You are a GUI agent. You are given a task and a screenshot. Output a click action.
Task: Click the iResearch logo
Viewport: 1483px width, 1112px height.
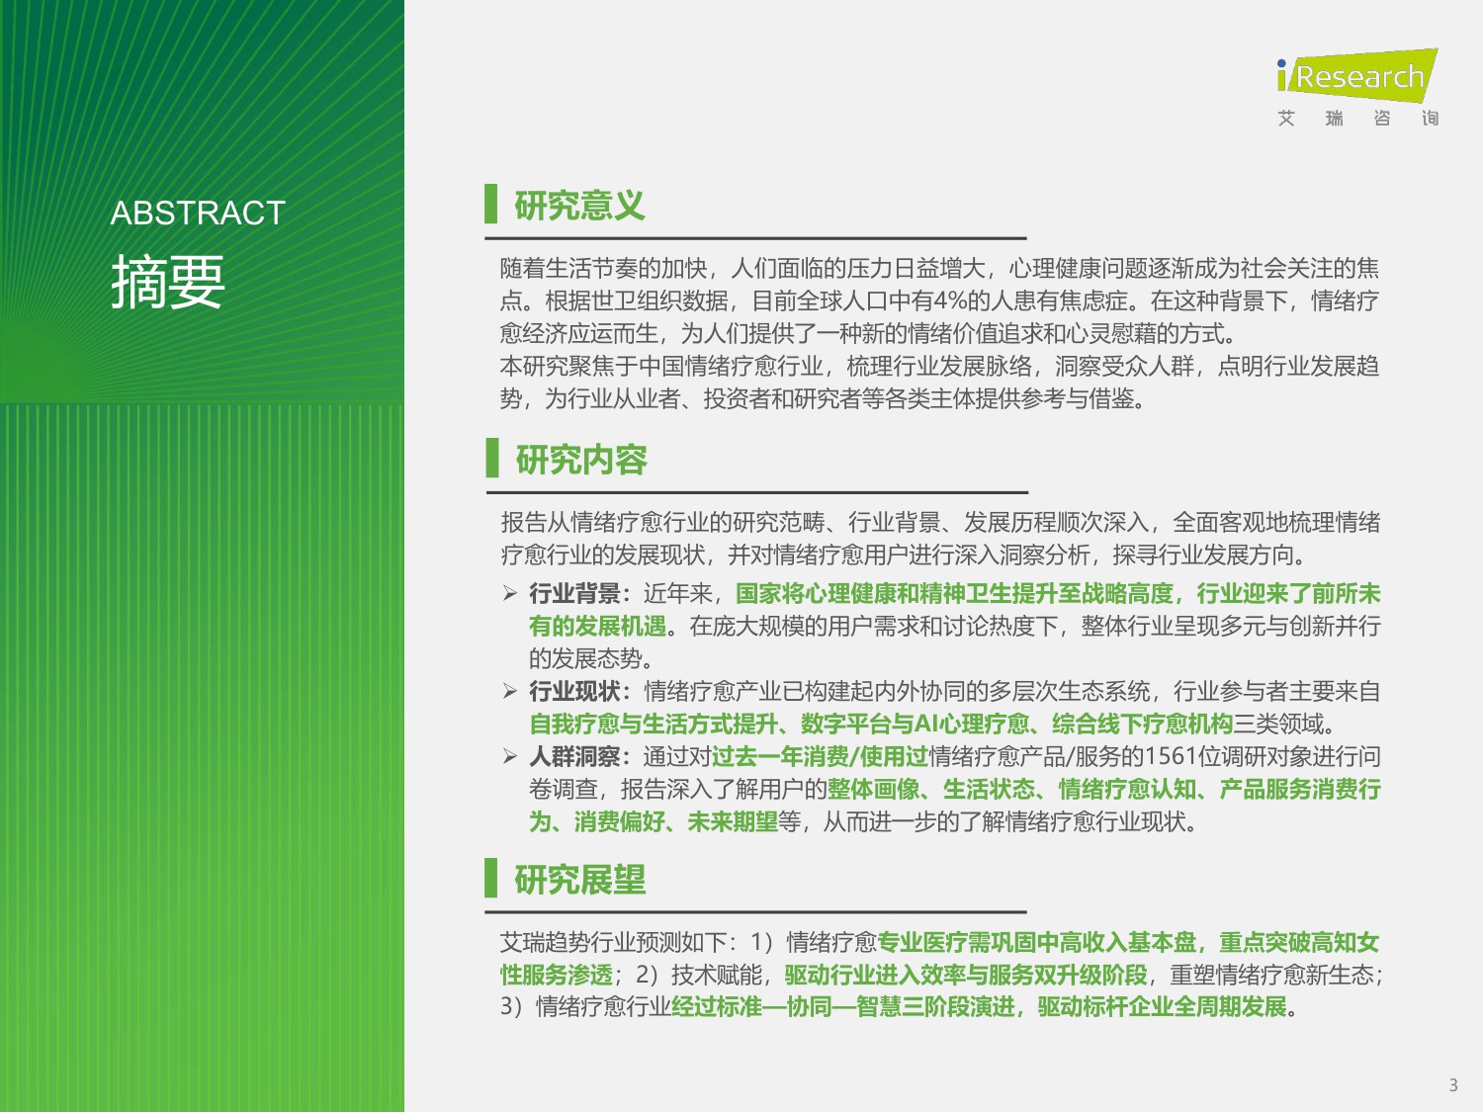pyautogui.click(x=1356, y=75)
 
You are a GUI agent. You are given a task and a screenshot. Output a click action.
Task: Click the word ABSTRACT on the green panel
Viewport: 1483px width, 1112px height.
pyautogui.click(x=198, y=213)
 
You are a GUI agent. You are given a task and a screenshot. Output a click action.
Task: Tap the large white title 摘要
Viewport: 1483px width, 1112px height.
pyautogui.click(x=168, y=282)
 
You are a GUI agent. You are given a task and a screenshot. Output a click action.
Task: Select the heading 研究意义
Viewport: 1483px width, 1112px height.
pyautogui.click(x=579, y=206)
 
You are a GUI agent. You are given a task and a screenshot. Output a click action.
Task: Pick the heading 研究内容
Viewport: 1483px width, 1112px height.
pyautogui.click(x=580, y=460)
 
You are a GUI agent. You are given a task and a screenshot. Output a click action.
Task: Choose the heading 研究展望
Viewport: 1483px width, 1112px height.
pyautogui.click(x=579, y=880)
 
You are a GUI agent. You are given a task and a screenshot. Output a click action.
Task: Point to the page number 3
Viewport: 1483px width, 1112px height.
pyautogui.click(x=1452, y=1084)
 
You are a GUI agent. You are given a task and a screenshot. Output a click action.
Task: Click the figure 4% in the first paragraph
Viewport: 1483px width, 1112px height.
pyautogui.click(x=951, y=300)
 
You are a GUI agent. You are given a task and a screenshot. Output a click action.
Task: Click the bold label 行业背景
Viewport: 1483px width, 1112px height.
pyautogui.click(x=574, y=593)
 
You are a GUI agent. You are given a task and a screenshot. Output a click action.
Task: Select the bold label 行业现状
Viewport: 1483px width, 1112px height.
pyautogui.click(x=574, y=691)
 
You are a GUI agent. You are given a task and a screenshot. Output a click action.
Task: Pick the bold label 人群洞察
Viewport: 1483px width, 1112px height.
pyautogui.click(x=574, y=756)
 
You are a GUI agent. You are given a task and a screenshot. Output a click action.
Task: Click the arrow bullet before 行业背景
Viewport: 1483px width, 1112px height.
pyautogui.click(x=510, y=593)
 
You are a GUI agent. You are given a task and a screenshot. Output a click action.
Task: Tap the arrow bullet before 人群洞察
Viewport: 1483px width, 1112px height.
pyautogui.click(x=510, y=756)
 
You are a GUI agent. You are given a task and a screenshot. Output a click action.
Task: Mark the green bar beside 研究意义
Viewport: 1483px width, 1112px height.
pyautogui.click(x=490, y=204)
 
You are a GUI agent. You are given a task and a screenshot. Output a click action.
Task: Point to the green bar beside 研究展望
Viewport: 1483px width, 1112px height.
pyautogui.click(x=490, y=878)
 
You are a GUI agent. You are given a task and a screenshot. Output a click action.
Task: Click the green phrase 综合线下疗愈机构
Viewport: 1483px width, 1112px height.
pyautogui.click(x=1142, y=724)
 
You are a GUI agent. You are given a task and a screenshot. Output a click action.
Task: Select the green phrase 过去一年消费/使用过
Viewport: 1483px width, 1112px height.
pyautogui.click(x=820, y=756)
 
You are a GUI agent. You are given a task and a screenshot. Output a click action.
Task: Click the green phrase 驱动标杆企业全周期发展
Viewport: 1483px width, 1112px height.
pyautogui.click(x=1162, y=1006)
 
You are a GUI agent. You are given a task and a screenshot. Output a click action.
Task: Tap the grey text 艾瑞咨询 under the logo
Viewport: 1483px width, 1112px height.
pyautogui.click(x=1356, y=119)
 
